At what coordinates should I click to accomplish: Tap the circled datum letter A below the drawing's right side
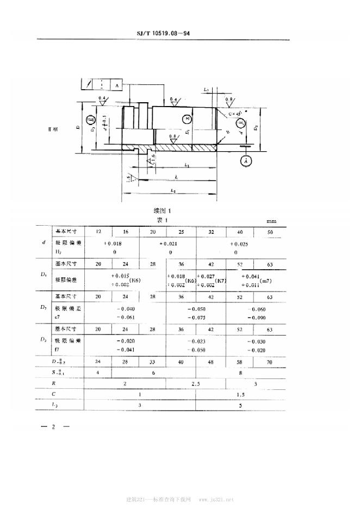(x=246, y=161)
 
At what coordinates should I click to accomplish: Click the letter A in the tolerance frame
(x=117, y=85)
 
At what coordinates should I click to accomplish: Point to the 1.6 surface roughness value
(x=153, y=157)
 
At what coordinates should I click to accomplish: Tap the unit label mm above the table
(x=271, y=222)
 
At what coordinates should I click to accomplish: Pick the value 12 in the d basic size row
(x=98, y=232)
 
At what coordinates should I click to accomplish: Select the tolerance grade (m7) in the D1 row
(x=266, y=281)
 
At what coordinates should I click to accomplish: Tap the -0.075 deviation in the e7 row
(x=197, y=317)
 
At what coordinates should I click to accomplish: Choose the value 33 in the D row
(x=153, y=362)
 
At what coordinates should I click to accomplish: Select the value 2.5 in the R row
(x=196, y=383)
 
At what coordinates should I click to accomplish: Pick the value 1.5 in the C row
(x=239, y=394)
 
